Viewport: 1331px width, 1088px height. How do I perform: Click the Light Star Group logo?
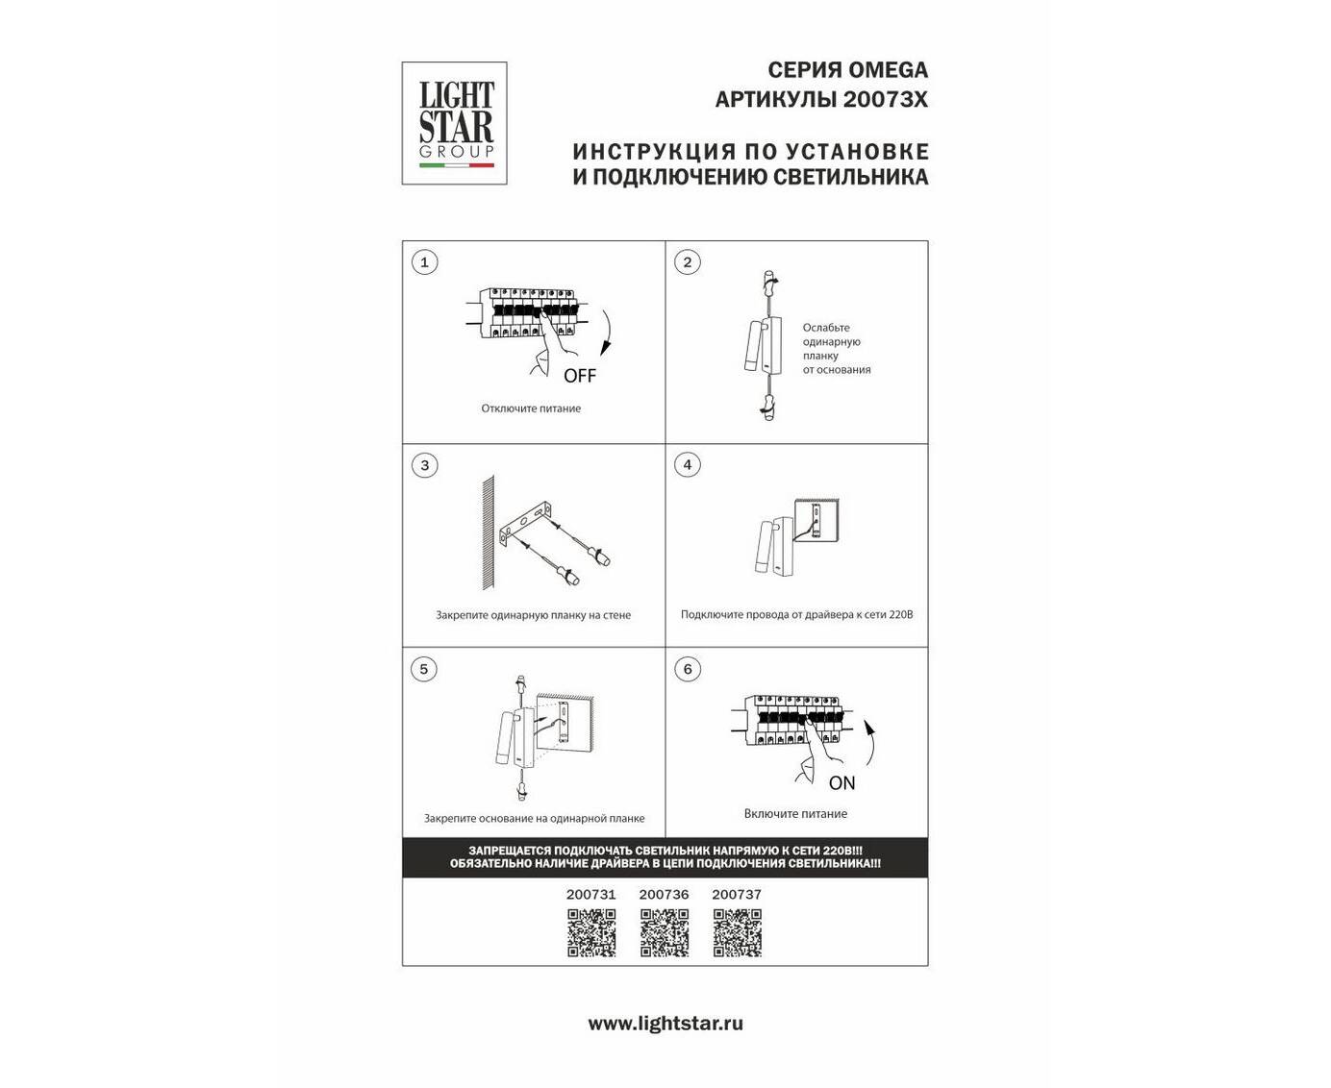tap(454, 123)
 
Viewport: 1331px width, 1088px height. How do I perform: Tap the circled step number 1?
tap(425, 262)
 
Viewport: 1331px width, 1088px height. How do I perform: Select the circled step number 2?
tap(688, 262)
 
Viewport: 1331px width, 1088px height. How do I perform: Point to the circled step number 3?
tap(425, 465)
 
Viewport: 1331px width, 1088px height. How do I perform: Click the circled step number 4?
tap(688, 465)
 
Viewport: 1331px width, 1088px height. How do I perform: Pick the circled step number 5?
tap(424, 669)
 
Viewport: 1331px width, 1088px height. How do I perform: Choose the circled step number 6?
tap(688, 669)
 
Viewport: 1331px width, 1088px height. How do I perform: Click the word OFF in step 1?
tap(579, 376)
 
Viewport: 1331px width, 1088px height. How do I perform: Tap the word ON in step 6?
tap(841, 782)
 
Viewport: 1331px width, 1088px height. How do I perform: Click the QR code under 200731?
tap(591, 933)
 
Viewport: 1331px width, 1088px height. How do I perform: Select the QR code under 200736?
tap(665, 933)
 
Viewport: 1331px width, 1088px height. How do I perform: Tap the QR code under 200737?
tap(737, 933)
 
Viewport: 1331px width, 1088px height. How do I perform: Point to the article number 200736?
tap(664, 894)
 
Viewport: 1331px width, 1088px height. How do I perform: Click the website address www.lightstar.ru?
tap(665, 1023)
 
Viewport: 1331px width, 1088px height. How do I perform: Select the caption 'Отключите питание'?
tap(531, 408)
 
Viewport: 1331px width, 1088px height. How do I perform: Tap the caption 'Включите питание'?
tap(795, 814)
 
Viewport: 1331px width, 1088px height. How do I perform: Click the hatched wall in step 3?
tap(488, 532)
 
